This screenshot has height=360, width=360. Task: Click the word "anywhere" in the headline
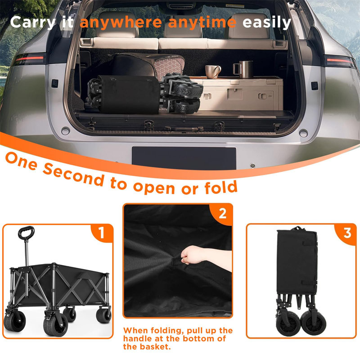tap(121, 23)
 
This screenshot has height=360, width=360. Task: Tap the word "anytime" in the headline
tap(202, 23)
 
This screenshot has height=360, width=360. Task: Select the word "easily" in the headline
tap(267, 23)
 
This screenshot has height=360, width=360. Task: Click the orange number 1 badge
tap(101, 233)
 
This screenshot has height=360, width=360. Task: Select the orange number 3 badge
tap(347, 233)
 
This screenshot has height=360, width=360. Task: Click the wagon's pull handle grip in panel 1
tap(26, 232)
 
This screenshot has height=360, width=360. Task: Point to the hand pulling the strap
tap(193, 255)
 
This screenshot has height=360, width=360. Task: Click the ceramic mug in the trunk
tap(213, 72)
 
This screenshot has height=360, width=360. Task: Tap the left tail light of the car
tap(29, 59)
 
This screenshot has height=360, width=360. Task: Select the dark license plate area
tap(184, 158)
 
